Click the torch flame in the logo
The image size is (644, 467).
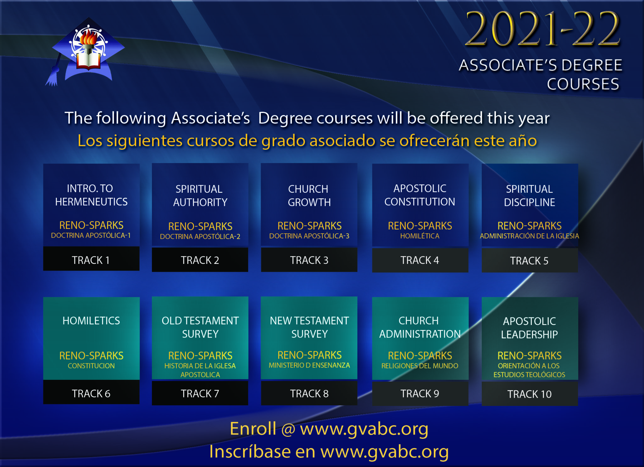(x=88, y=37)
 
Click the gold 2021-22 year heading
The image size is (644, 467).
(x=542, y=29)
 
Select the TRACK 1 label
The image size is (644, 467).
(x=91, y=260)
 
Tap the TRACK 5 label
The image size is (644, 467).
(x=529, y=261)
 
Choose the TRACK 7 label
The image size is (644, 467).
(x=200, y=394)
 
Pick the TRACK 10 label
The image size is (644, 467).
(x=530, y=394)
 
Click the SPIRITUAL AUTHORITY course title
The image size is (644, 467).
(x=200, y=196)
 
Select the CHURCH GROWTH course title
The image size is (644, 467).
(x=309, y=196)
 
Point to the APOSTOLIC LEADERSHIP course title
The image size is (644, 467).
(x=530, y=328)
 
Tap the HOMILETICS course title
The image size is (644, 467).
(x=91, y=321)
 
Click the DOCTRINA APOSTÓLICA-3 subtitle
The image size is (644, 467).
(x=309, y=236)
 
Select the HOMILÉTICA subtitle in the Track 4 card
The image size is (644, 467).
(x=420, y=236)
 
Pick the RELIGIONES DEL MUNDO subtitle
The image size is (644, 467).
(x=420, y=366)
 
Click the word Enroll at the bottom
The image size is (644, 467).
(x=253, y=429)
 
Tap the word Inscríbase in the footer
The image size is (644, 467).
(x=250, y=451)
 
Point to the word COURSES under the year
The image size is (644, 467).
(x=583, y=84)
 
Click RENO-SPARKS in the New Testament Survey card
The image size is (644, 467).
(x=309, y=355)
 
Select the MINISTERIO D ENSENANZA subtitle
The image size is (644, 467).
(x=309, y=365)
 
